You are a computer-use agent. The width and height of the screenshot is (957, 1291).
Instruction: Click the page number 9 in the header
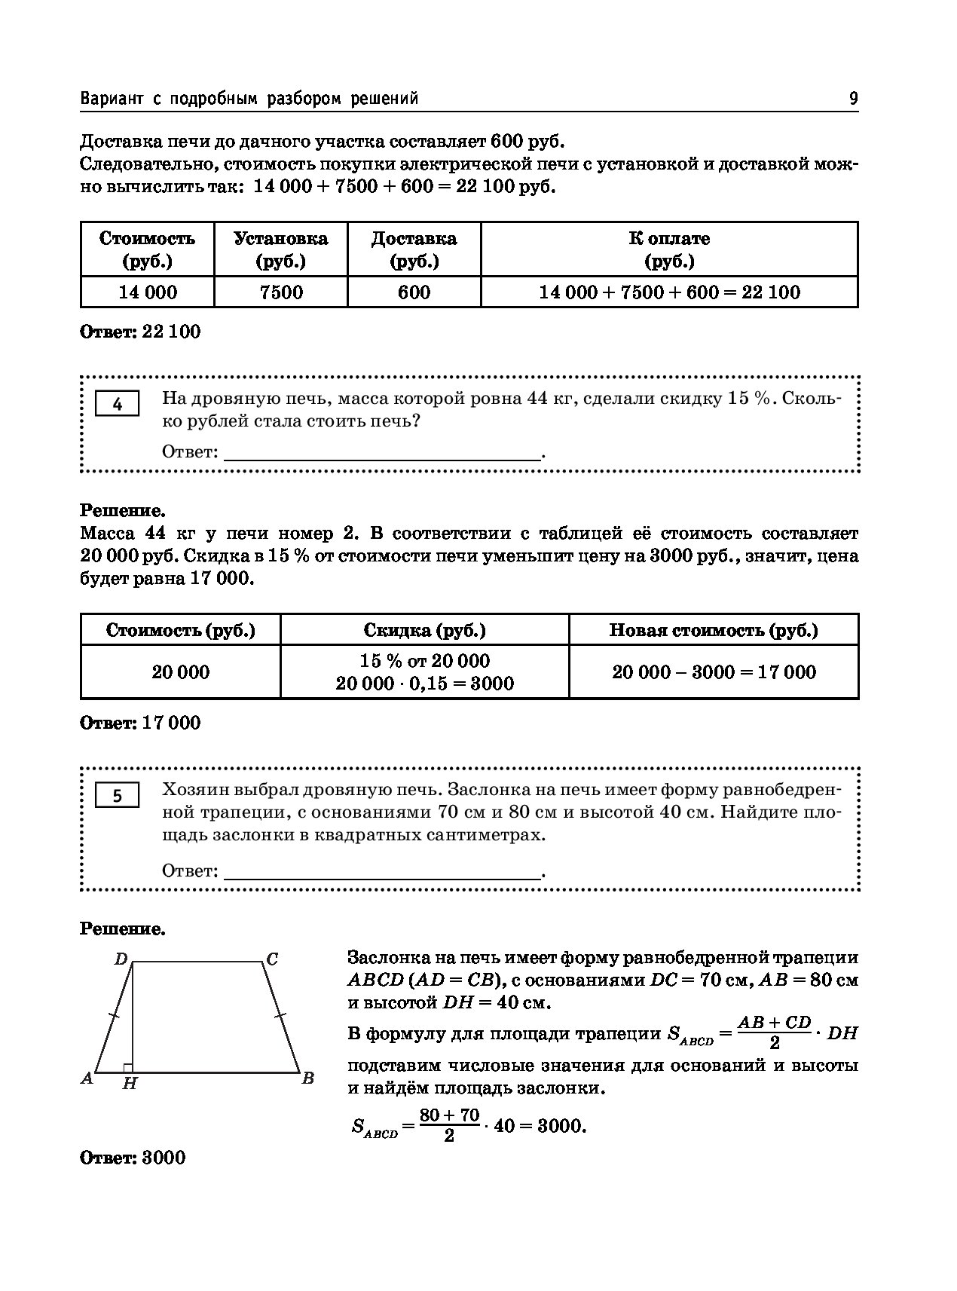coord(853,99)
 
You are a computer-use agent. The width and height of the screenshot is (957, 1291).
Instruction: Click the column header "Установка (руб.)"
coord(280,249)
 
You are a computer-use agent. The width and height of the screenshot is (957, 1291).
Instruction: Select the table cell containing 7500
coord(280,292)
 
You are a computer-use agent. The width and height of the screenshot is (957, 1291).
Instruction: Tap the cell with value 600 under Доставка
coord(414,292)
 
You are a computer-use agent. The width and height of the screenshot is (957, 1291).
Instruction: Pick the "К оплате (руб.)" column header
coord(669,249)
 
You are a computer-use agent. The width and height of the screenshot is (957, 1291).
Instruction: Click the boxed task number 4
coord(118,405)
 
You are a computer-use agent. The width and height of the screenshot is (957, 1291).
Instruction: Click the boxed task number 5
coord(118,796)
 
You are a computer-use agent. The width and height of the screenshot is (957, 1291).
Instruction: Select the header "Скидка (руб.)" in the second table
coord(424,630)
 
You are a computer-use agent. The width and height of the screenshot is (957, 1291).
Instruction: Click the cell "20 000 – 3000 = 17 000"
coord(714,672)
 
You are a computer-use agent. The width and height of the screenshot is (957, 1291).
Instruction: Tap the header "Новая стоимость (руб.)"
coord(714,630)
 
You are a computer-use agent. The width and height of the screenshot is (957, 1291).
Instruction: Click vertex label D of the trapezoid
coord(120,959)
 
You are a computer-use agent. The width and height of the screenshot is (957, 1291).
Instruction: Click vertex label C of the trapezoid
coord(272,959)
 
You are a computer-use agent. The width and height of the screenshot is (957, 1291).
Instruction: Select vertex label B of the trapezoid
coord(307,1078)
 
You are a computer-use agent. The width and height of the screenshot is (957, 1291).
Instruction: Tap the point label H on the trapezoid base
coord(130,1084)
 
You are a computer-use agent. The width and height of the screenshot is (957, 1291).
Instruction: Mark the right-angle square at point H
coord(128,1067)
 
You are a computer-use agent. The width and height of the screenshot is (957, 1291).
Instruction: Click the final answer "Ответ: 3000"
coord(133,1158)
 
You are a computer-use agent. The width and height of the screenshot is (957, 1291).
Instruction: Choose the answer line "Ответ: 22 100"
coord(140,332)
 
